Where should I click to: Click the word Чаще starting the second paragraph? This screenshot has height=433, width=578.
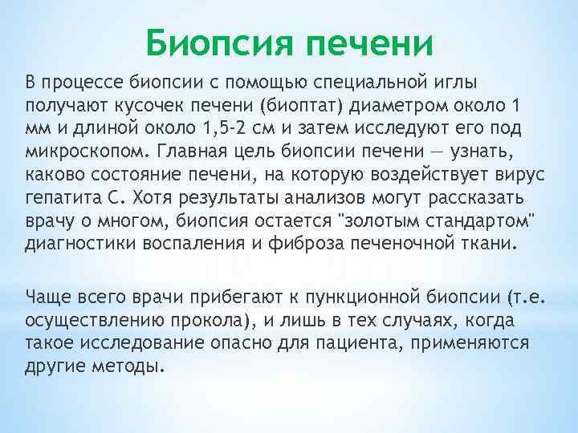coord(47,298)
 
